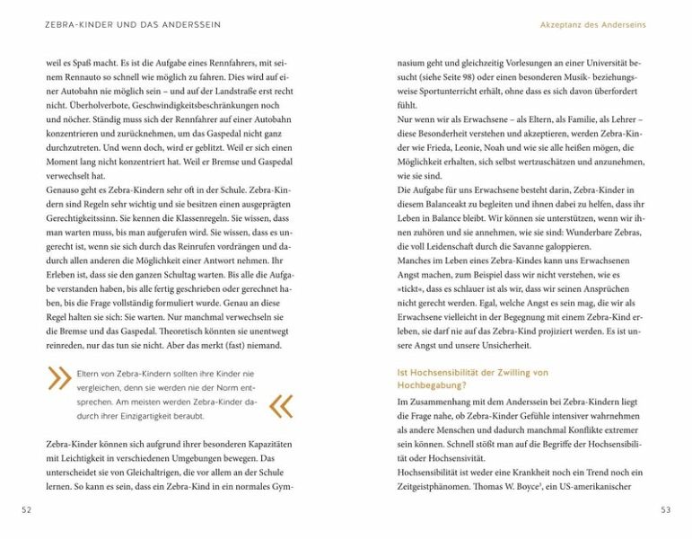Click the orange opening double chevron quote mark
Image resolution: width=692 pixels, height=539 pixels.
[x=59, y=378]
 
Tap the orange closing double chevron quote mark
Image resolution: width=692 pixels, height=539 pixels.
[x=281, y=406]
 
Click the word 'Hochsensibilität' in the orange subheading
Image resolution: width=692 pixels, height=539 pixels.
[x=431, y=372]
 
